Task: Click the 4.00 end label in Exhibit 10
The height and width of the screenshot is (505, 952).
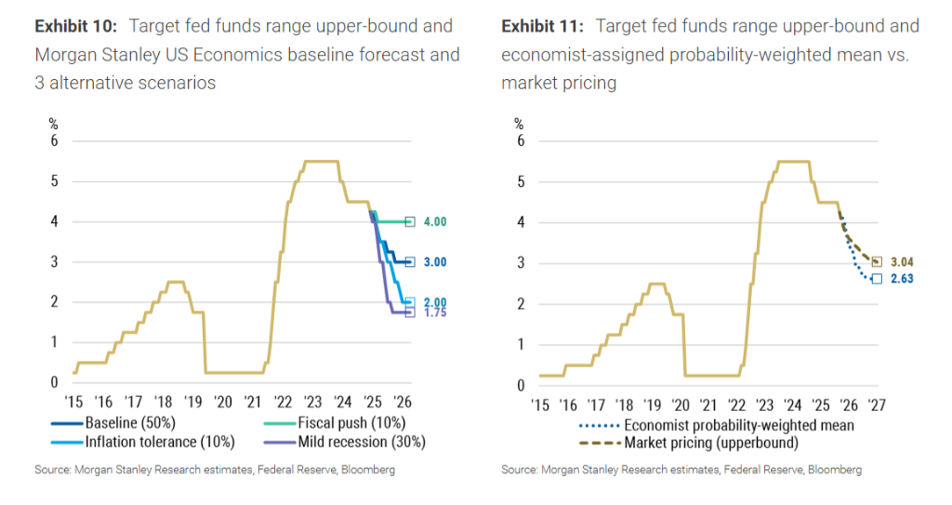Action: (434, 221)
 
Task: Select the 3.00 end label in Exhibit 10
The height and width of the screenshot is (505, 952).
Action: (434, 262)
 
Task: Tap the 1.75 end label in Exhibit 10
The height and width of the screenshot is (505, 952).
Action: (434, 313)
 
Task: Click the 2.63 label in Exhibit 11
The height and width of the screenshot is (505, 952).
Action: (902, 277)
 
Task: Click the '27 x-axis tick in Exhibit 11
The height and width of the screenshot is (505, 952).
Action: (877, 404)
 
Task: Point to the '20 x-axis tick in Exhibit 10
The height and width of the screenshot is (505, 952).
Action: (222, 402)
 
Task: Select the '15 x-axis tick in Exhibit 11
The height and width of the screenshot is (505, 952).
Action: (540, 404)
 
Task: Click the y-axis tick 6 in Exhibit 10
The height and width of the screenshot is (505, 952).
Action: (54, 140)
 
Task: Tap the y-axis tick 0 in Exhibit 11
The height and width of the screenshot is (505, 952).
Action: (521, 385)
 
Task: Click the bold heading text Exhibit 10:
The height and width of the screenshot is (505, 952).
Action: (74, 26)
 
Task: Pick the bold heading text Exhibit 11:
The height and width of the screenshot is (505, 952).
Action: (541, 26)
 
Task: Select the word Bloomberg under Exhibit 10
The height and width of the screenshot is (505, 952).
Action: (366, 471)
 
